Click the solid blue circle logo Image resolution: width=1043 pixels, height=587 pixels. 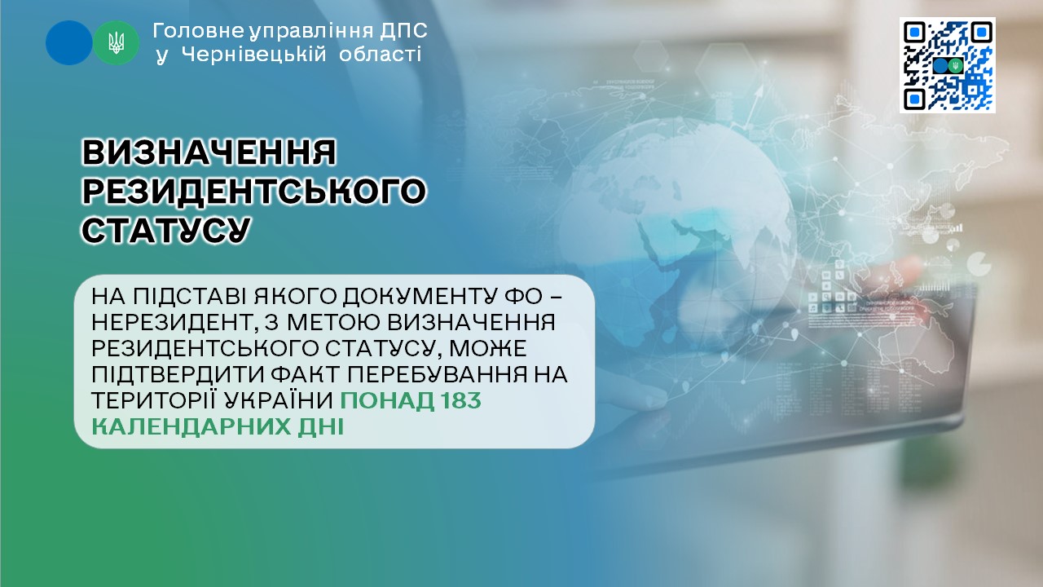click(69, 42)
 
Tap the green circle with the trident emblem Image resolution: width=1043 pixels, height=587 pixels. click(116, 42)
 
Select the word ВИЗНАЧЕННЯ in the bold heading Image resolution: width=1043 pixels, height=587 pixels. click(209, 152)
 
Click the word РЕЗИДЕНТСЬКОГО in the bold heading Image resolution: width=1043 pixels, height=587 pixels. click(254, 190)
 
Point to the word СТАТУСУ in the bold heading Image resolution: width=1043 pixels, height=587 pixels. click(166, 229)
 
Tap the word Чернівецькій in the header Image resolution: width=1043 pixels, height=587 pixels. click(254, 55)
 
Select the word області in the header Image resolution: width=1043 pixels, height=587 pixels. click(380, 55)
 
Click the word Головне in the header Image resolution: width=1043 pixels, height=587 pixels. click(199, 31)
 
